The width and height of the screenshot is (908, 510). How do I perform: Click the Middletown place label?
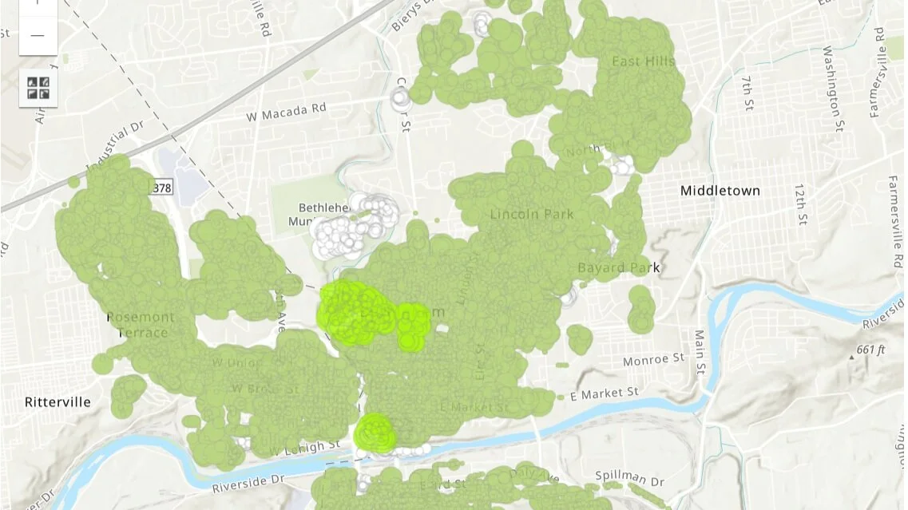click(720, 191)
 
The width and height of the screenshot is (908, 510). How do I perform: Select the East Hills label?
click(643, 61)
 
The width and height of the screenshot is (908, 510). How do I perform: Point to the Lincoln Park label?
click(532, 214)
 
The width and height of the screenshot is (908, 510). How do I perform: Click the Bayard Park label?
click(618, 267)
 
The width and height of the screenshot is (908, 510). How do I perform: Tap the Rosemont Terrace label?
click(141, 324)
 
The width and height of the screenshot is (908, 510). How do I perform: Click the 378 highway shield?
click(161, 187)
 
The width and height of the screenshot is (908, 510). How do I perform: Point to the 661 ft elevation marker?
click(870, 350)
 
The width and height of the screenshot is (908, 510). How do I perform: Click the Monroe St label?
click(654, 361)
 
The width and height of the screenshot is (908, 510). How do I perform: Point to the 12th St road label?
click(801, 204)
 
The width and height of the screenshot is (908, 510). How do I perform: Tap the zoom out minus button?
click(38, 36)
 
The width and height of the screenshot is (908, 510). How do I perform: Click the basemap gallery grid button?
click(38, 88)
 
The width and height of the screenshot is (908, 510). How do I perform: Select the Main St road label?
click(700, 351)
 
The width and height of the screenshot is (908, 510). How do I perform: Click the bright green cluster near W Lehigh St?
click(375, 433)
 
